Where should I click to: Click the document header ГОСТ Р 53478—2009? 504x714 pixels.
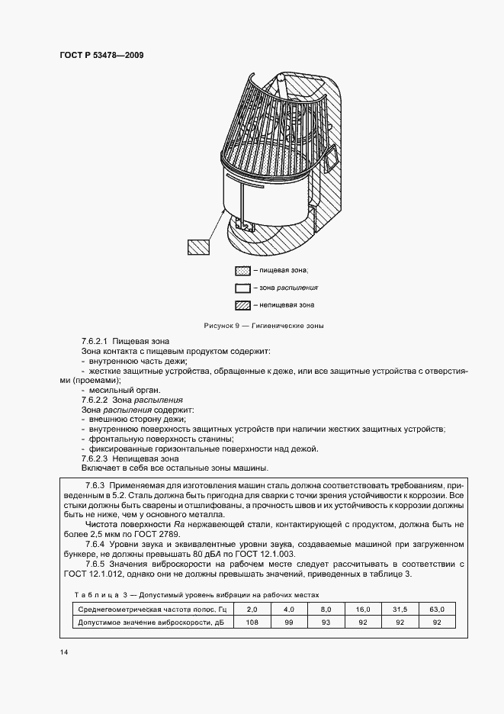pyautogui.click(x=101, y=56)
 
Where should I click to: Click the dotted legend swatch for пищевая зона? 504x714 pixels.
pyautogui.click(x=242, y=271)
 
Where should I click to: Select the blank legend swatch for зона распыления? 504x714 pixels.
pyautogui.click(x=242, y=288)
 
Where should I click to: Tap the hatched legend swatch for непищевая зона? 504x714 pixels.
pyautogui.click(x=242, y=305)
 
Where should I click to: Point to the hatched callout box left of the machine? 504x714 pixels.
pyautogui.click(x=198, y=246)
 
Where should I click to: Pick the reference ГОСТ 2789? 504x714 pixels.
pyautogui.click(x=156, y=534)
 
